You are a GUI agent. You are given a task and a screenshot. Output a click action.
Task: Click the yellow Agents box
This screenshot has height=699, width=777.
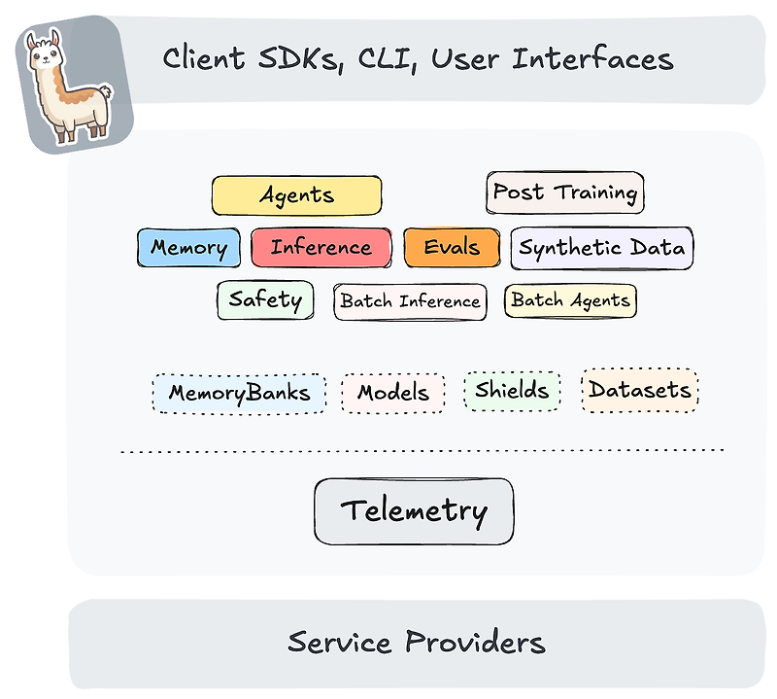pos(296,195)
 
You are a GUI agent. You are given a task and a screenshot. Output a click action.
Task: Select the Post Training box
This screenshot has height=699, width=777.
pos(564,192)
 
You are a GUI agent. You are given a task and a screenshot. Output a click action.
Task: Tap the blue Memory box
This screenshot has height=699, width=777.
pos(188,247)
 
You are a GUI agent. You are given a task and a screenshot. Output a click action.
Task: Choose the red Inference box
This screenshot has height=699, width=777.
pos(321,247)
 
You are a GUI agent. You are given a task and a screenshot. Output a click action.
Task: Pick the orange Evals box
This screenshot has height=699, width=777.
pos(452,247)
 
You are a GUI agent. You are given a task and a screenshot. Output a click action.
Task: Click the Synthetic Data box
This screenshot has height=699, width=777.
pos(601,247)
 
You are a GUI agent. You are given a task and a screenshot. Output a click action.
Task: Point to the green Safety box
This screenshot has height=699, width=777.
pos(265,299)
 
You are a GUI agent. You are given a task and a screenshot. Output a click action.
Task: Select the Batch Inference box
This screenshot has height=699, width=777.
pos(410,300)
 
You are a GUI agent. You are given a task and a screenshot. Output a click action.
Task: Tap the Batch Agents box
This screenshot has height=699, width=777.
pos(570,299)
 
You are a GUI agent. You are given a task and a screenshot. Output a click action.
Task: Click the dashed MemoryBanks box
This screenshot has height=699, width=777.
pos(239,393)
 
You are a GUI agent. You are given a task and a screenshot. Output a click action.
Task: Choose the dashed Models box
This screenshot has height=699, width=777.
pos(393,393)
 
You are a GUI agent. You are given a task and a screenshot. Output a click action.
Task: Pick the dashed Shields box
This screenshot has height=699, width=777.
pos(512,391)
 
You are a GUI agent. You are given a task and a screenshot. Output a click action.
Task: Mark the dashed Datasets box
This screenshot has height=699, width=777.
pos(639,390)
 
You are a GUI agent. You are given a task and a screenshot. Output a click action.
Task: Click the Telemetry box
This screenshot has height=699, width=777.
pos(414,510)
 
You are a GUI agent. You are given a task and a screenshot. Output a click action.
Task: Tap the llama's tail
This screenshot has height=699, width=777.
pos(104,94)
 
